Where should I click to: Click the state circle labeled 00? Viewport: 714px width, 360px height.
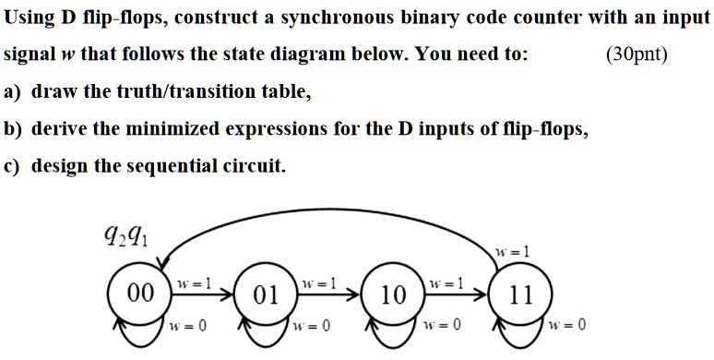pyautogui.click(x=138, y=294)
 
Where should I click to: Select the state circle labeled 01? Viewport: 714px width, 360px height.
pyautogui.click(x=266, y=295)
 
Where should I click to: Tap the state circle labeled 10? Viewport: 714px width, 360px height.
pyautogui.click(x=393, y=295)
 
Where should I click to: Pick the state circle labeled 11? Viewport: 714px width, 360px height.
pyautogui.click(x=521, y=295)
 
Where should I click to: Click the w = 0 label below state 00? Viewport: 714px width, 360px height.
pyautogui.click(x=188, y=326)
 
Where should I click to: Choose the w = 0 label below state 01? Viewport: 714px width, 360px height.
pyautogui.click(x=309, y=326)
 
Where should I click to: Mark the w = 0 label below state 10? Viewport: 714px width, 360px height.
pyautogui.click(x=439, y=326)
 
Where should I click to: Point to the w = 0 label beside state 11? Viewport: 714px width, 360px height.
pyautogui.click(x=566, y=326)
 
